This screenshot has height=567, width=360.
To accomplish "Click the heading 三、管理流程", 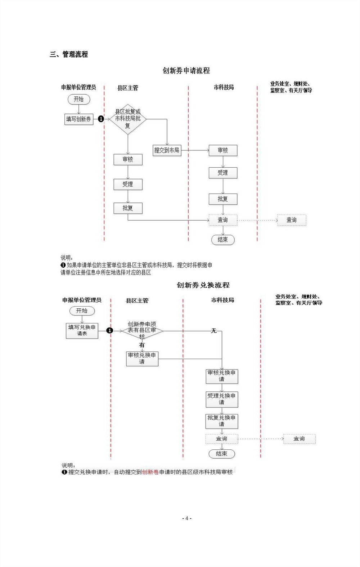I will pos(69,54).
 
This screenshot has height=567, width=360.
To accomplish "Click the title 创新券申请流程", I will pos(186,71).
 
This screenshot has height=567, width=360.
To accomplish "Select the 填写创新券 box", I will pos(79,119).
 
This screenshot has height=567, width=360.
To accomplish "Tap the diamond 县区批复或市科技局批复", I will pos(128,119).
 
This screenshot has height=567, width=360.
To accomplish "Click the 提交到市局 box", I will pos(167,150).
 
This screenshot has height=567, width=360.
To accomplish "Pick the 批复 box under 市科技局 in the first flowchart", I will pos(223,199).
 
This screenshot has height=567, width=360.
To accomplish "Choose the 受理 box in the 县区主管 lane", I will pos(128,184).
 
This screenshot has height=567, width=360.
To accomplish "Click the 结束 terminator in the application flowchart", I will pos(223,240).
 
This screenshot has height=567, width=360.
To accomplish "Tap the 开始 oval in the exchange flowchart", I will pos(82,311).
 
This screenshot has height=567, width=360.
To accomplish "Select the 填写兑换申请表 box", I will pos(82,331).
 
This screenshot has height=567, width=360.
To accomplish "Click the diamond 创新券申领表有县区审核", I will pos(142,330).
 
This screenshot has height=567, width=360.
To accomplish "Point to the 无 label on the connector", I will pos(214,331).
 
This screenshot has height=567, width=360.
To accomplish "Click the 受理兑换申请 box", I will pos(222,399).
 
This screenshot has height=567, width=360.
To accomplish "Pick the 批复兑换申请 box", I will pos(222,421).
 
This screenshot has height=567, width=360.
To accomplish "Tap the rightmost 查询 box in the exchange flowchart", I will pos(299,439).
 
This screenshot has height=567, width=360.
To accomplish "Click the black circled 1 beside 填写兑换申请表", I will pos(110,331).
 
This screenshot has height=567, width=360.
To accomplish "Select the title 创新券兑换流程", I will pos(203,285).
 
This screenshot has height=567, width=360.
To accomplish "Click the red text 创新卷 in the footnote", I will pos(150,472).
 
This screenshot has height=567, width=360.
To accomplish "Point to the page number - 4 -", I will pos(186,518).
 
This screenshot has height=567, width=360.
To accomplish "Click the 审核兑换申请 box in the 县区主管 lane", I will pos(142,359).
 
